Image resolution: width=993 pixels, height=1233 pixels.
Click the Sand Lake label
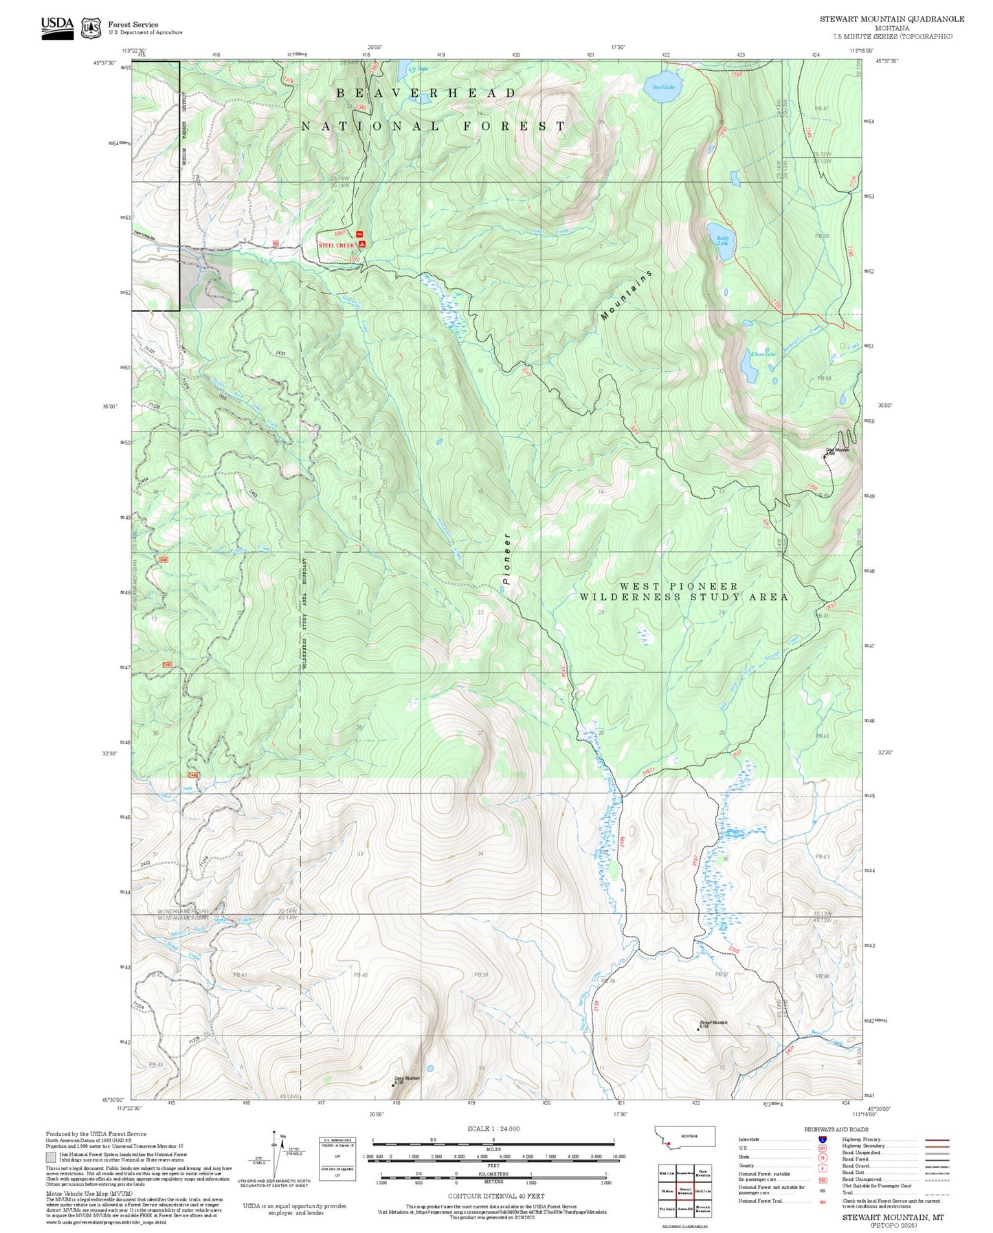click(663, 87)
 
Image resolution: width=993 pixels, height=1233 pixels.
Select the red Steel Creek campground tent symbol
click(362, 245)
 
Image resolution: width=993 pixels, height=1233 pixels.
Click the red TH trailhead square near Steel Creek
click(359, 235)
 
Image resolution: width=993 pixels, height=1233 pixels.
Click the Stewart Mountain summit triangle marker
click(699, 1030)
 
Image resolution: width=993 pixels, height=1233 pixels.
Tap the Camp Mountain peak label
click(407, 1078)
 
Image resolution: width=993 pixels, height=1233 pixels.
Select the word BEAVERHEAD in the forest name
click(426, 93)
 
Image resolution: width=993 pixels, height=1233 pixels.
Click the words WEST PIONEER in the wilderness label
click(679, 586)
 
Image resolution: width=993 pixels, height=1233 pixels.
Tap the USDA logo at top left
click(57, 27)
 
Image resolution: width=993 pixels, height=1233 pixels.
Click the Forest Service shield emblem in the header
click(91, 27)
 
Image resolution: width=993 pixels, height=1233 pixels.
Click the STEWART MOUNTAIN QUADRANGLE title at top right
click(891, 19)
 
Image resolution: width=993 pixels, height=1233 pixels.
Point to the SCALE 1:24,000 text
click(493, 1129)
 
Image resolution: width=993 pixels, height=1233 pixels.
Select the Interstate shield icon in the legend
click(823, 1140)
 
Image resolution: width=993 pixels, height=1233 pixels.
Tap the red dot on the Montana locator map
click(668, 1144)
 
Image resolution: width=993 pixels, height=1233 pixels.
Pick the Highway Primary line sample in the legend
click(937, 1140)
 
